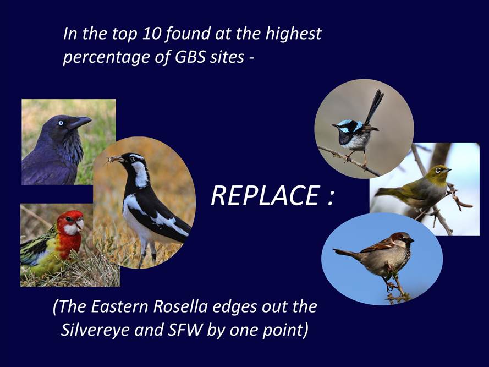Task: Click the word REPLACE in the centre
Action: pos(265,196)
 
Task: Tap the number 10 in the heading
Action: pos(151,34)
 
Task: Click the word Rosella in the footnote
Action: pos(180,306)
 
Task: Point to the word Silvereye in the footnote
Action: pos(95,330)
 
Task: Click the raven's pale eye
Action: pos(61,123)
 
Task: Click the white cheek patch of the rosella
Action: pos(72,229)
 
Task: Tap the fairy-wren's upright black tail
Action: pos(373,107)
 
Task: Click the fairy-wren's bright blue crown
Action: pos(345,122)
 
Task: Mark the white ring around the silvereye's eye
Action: pos(438,171)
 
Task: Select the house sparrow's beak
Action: pos(411,240)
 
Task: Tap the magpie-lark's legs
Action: pos(149,250)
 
